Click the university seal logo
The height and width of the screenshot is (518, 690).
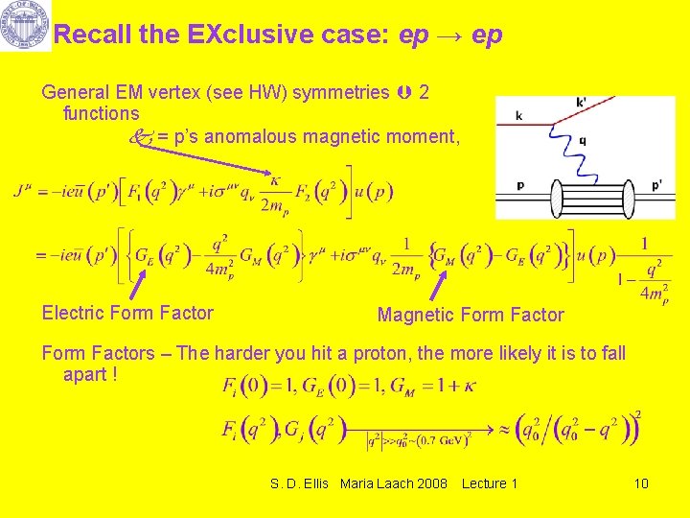pyautogui.click(x=25, y=26)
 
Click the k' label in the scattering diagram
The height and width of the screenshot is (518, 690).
pyautogui.click(x=583, y=102)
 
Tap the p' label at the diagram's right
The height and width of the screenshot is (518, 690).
pyautogui.click(x=655, y=183)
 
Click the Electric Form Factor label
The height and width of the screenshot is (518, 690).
pyautogui.click(x=127, y=313)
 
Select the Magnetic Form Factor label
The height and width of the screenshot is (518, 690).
pyautogui.click(x=471, y=315)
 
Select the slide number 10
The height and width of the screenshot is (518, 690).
pyautogui.click(x=641, y=483)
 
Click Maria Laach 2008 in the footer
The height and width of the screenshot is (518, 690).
pyautogui.click(x=393, y=483)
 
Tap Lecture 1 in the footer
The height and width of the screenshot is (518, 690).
pyautogui.click(x=489, y=483)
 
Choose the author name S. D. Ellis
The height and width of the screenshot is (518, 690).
pyautogui.click(x=301, y=483)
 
